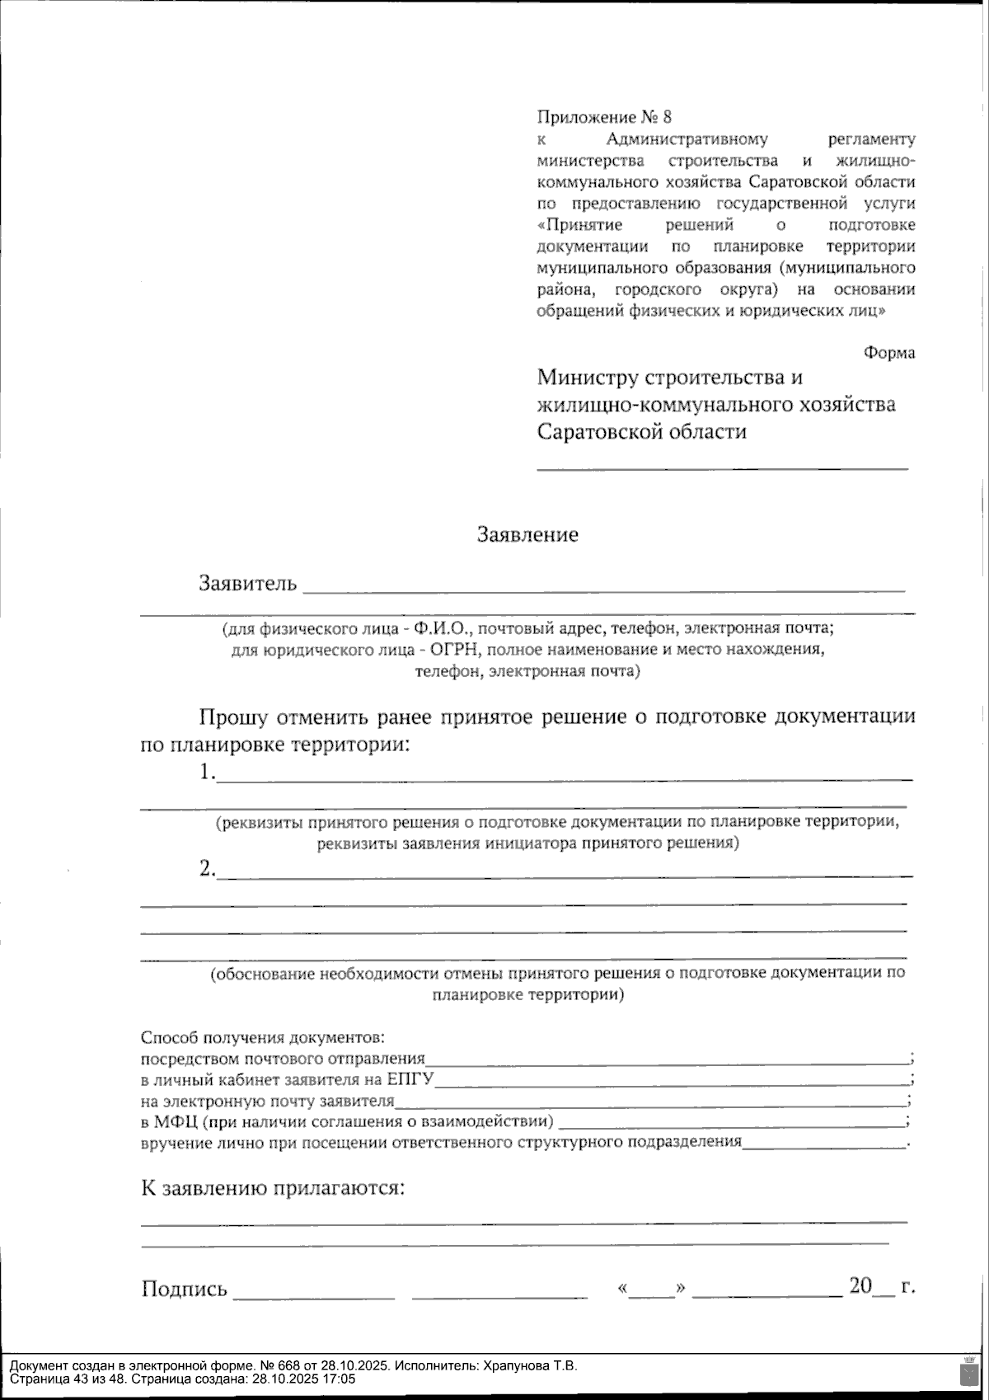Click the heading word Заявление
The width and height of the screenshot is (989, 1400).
pos(527,535)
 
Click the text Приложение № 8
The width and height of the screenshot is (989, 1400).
pos(604,117)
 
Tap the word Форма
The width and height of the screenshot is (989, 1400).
pos(889,353)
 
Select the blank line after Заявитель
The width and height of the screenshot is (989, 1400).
pos(603,589)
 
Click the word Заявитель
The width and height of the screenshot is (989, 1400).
pos(247,584)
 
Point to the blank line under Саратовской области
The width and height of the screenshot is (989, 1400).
pos(722,467)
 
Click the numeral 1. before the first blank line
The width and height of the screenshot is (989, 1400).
pos(207,773)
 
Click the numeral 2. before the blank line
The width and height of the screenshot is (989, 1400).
pos(207,868)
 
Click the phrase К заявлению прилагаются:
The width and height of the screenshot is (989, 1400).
pos(274,1189)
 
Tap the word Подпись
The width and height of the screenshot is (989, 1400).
pos(184,1289)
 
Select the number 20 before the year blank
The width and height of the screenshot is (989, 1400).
pos(860,1286)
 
